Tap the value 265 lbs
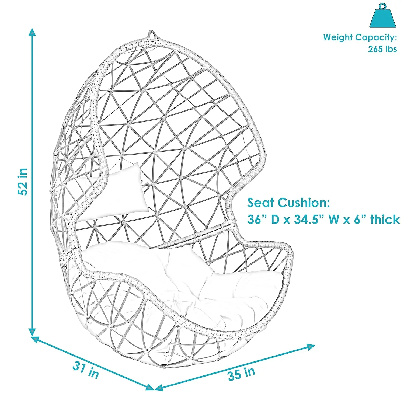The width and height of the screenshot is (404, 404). pyautogui.click(x=382, y=49)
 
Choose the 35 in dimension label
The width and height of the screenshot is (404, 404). pyautogui.click(x=241, y=374)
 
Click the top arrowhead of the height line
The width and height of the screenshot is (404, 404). pyautogui.click(x=32, y=32)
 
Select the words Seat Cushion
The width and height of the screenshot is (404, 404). pyautogui.click(x=288, y=203)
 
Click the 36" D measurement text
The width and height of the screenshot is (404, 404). pyautogui.click(x=264, y=220)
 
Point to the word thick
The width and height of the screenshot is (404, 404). pyautogui.click(x=385, y=220)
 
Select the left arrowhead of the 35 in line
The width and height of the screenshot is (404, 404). pyautogui.click(x=159, y=388)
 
